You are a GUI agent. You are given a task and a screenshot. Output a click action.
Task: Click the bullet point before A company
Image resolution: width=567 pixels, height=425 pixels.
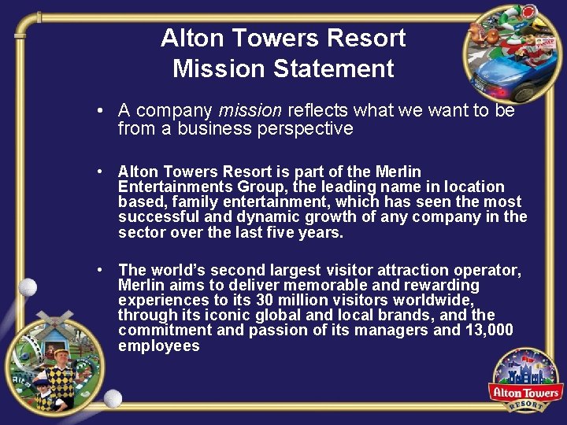tap(101, 111)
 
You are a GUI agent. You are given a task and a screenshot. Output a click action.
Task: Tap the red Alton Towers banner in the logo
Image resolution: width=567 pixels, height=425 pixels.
tap(525, 392)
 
